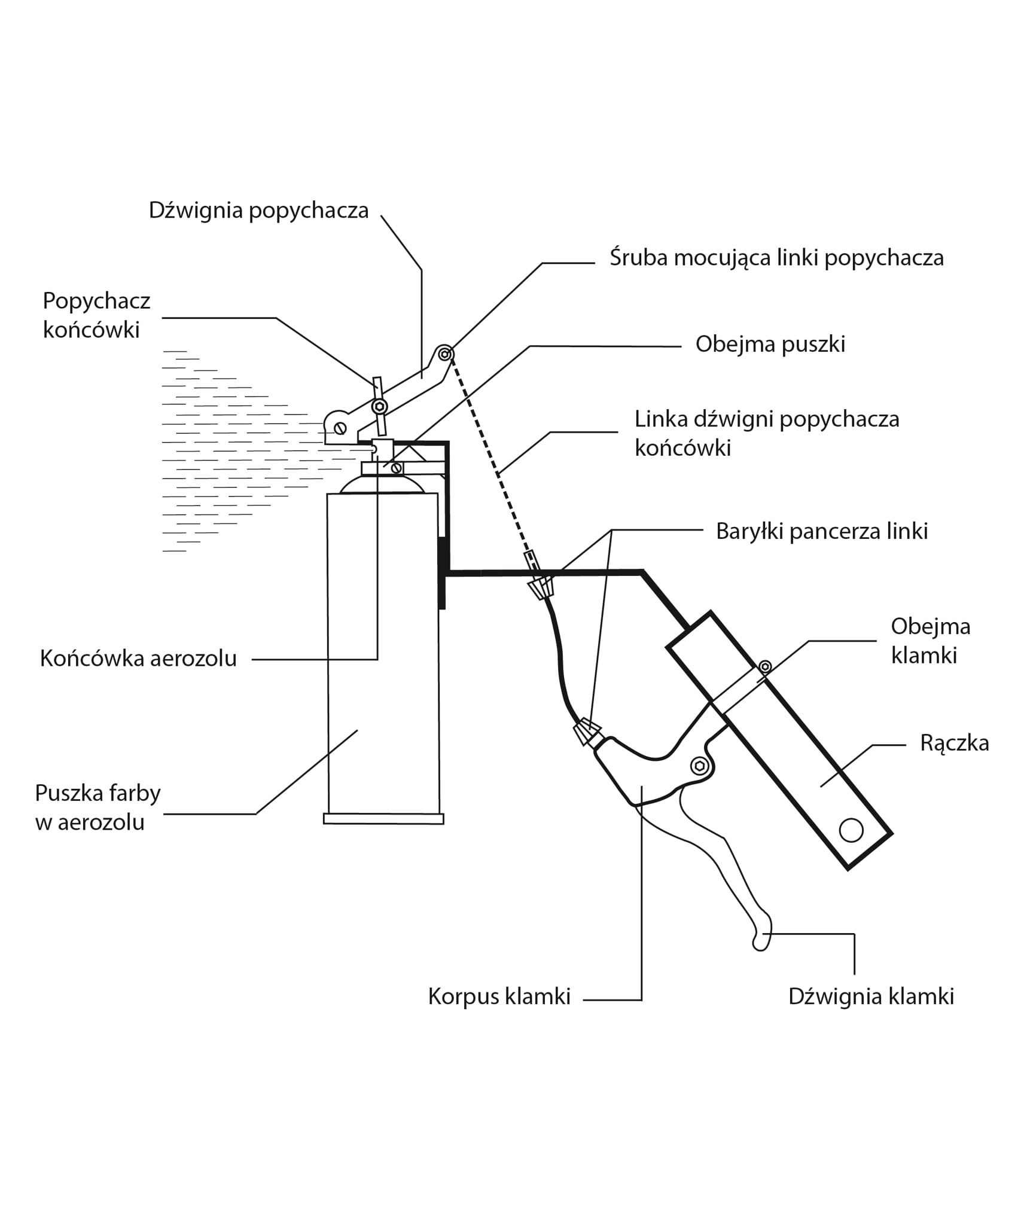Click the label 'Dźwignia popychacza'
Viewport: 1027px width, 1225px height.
[258, 211]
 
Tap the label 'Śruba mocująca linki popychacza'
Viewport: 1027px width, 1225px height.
[776, 258]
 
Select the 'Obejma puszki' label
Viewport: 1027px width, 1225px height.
[770, 345]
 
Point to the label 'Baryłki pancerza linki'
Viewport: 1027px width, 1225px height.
[821, 531]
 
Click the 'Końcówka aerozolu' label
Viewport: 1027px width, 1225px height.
[138, 659]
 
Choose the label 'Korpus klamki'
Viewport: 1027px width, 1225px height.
[499, 997]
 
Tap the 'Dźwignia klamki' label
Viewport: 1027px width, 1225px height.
[870, 997]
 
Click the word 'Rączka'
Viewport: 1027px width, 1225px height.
[954, 743]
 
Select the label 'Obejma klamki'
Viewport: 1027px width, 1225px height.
[930, 641]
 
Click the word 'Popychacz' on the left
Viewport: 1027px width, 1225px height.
[96, 301]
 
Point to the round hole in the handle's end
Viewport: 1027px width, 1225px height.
[851, 830]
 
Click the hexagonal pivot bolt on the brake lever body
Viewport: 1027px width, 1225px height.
[699, 766]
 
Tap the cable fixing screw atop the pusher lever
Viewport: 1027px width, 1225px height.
[444, 354]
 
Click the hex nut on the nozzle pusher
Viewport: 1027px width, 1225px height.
[379, 407]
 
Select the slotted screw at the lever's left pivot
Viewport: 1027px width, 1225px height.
[340, 428]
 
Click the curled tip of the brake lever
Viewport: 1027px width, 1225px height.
[761, 940]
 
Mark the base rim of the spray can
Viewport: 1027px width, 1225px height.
[383, 819]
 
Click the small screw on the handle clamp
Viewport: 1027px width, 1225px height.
[764, 666]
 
